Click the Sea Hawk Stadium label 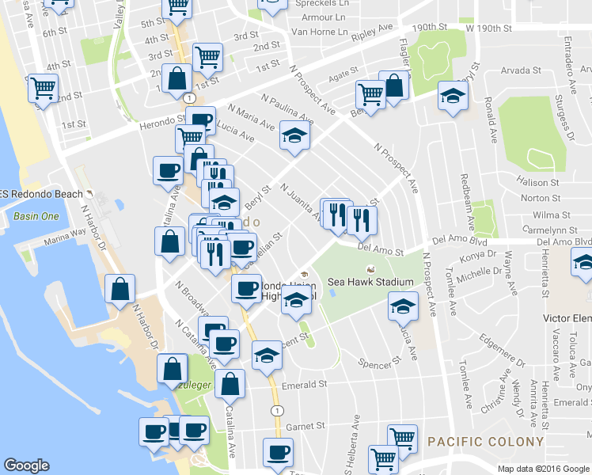click(x=370, y=283)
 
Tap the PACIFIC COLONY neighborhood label click(x=485, y=442)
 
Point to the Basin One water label click(x=36, y=216)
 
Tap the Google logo click(x=28, y=465)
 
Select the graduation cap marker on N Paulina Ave click(x=294, y=135)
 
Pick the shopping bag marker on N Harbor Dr click(x=119, y=290)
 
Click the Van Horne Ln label click(x=320, y=32)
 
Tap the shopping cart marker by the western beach click(x=43, y=87)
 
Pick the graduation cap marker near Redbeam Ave click(x=453, y=97)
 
